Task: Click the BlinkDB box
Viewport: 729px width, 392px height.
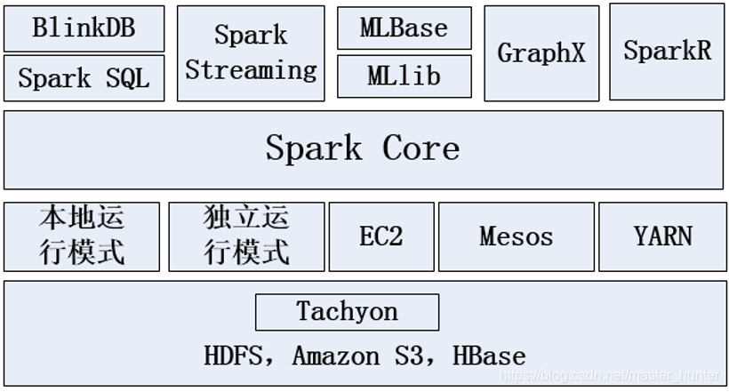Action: [84, 28]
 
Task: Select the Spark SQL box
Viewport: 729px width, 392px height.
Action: [84, 78]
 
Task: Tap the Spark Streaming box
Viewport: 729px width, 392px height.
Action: [251, 53]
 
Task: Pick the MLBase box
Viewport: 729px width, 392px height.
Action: [404, 28]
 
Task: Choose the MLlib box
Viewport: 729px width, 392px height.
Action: [404, 77]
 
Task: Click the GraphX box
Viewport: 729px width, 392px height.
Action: [541, 54]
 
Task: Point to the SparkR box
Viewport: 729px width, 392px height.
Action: [667, 52]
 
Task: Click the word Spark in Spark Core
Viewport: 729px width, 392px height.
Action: [314, 148]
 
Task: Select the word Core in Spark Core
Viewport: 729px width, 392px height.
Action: [421, 148]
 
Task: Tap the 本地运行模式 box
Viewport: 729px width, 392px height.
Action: [82, 236]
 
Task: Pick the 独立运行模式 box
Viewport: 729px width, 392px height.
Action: [246, 236]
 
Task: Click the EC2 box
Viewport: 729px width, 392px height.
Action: [381, 236]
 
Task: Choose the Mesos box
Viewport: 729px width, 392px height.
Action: [516, 236]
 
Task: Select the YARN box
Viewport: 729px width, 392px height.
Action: [663, 236]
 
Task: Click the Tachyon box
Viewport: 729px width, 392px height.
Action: [347, 313]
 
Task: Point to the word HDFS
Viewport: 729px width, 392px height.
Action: [234, 357]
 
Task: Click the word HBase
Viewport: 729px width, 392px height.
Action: [488, 357]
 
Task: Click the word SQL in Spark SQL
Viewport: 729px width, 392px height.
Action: [126, 78]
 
